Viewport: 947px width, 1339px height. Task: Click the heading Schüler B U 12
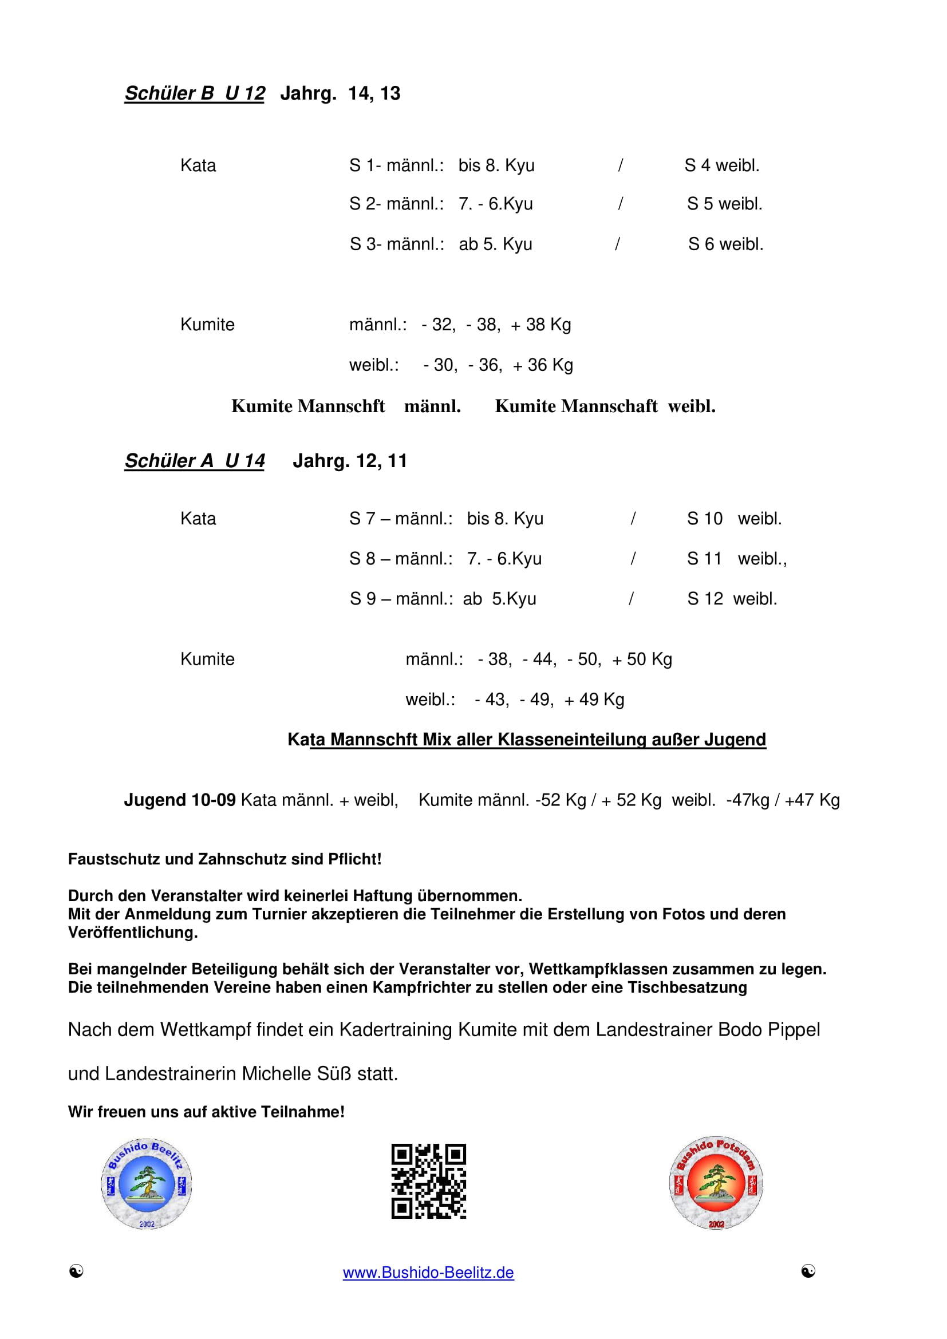pyautogui.click(x=195, y=93)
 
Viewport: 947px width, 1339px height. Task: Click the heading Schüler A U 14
pyautogui.click(x=195, y=461)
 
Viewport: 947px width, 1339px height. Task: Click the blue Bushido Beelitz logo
pyautogui.click(x=147, y=1184)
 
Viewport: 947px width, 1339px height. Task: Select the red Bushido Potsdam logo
pyautogui.click(x=716, y=1183)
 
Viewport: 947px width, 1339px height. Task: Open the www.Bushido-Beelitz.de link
pyautogui.click(x=428, y=1273)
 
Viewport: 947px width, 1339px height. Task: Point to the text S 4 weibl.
pyautogui.click(x=722, y=165)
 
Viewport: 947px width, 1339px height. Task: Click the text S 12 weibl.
pyautogui.click(x=732, y=599)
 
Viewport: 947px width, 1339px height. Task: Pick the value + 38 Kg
pyautogui.click(x=540, y=325)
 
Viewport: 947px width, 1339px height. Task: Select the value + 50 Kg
pyautogui.click(x=641, y=659)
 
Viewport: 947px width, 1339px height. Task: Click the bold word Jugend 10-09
pyautogui.click(x=180, y=800)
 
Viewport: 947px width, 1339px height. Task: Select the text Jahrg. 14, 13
pyautogui.click(x=341, y=93)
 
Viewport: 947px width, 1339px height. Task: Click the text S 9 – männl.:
pyautogui.click(x=401, y=599)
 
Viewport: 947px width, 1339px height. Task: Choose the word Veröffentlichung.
pyautogui.click(x=133, y=933)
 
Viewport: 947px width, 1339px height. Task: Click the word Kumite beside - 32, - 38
pyautogui.click(x=207, y=325)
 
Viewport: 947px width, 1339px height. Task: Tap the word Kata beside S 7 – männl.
pyautogui.click(x=198, y=519)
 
